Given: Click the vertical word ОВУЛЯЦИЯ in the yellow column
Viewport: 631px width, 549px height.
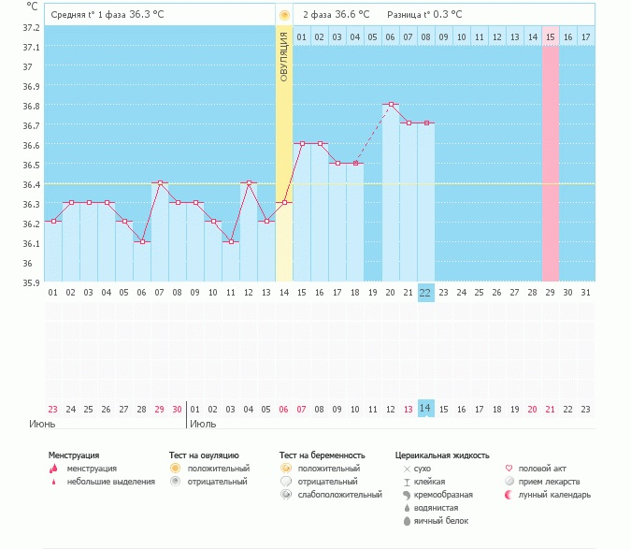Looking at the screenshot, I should (x=284, y=57).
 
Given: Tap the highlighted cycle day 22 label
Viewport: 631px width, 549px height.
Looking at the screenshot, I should (x=425, y=293).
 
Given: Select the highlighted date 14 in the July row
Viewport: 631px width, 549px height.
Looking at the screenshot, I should (x=425, y=409).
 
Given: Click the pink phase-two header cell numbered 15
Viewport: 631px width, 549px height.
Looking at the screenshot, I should (x=551, y=36).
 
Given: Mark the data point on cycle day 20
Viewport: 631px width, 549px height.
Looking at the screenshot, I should (x=390, y=104).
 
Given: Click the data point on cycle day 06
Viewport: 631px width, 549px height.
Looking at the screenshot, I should (x=142, y=241).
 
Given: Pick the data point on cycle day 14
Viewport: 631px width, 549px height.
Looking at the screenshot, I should (x=284, y=202).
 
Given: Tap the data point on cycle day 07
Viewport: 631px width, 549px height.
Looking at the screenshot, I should (x=160, y=182).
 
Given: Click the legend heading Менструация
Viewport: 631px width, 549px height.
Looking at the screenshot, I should (x=74, y=455).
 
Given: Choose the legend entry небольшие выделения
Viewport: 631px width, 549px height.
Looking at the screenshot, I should (x=110, y=482).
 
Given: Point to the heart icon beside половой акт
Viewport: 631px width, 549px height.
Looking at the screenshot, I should (x=509, y=469).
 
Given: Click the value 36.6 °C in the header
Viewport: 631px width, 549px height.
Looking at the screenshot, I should (x=352, y=15).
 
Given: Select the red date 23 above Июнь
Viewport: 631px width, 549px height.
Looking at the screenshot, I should (x=52, y=409).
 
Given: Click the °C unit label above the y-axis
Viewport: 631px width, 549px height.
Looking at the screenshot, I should (x=33, y=7).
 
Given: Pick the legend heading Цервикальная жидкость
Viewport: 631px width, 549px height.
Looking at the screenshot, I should (x=442, y=455).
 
